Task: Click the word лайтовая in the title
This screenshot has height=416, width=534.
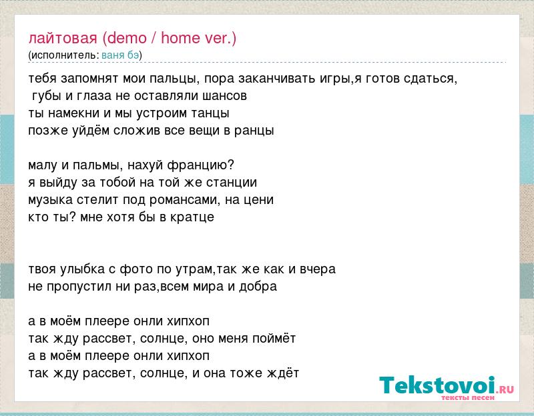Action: point(63,39)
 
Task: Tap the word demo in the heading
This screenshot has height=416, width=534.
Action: point(127,38)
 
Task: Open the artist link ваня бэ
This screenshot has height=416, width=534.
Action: point(120,55)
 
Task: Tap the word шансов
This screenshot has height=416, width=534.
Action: point(224,96)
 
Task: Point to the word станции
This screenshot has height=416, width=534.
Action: point(230,183)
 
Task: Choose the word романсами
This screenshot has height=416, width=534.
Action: point(183,200)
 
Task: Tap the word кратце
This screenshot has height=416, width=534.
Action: point(192,217)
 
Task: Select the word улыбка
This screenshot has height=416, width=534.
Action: point(82,269)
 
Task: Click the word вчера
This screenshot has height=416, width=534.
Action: point(318,269)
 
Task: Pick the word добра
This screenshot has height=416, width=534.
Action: point(258,287)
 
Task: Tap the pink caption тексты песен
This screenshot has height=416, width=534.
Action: point(468,397)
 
